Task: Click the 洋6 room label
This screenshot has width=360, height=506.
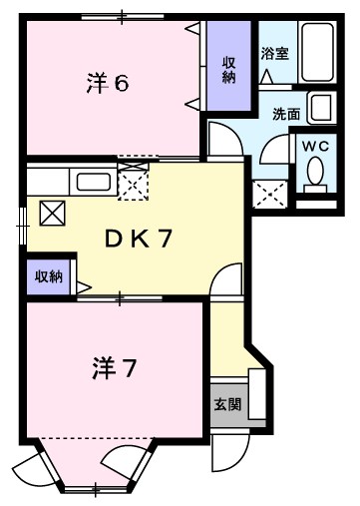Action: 108,83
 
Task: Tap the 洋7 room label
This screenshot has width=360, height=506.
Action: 114,369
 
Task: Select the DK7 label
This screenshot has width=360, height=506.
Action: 139,239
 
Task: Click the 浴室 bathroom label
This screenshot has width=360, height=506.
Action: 274,53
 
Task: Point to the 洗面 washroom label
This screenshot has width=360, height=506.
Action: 286,114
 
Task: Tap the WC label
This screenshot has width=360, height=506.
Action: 315,146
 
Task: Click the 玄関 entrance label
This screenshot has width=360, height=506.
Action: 227,404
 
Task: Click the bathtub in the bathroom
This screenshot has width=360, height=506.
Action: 317,52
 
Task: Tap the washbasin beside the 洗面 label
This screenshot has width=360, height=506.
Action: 321,107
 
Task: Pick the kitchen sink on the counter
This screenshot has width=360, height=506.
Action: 94,183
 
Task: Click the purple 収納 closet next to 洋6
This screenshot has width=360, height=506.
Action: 228,66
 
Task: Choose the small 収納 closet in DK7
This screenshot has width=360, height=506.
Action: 49,276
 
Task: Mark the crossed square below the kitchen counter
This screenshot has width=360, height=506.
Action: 52,214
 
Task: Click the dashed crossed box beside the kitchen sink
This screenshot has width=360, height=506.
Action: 134,182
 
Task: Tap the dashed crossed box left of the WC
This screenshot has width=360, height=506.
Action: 269,195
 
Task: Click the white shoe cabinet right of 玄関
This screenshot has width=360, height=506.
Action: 257,394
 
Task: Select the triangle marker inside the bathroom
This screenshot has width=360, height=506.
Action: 266,77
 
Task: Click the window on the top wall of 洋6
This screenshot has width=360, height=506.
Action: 123,16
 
